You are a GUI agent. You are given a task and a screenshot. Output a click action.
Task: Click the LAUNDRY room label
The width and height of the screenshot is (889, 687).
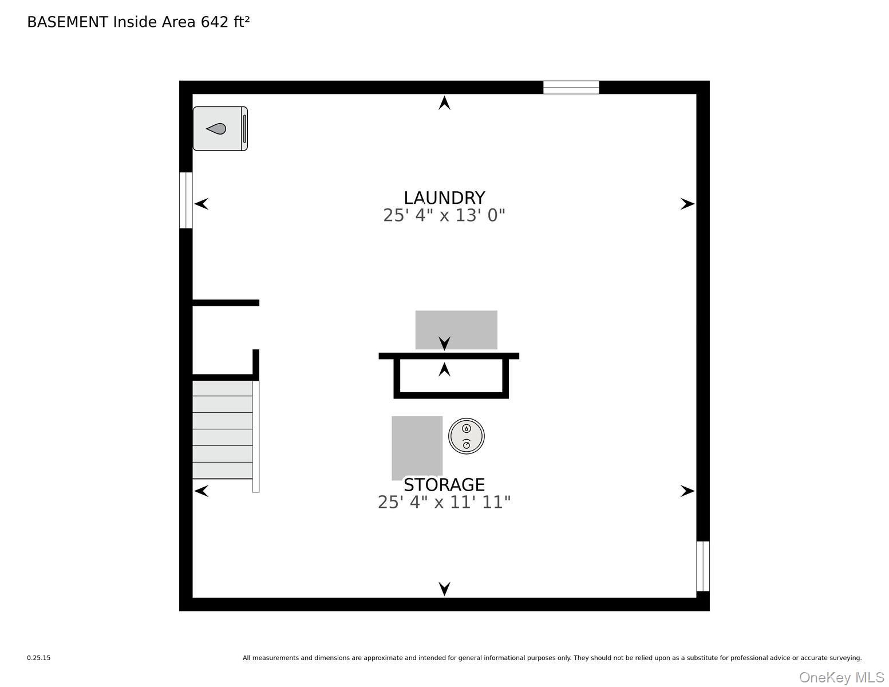[444, 198]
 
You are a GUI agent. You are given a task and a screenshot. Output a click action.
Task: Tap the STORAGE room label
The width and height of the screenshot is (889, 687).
[444, 485]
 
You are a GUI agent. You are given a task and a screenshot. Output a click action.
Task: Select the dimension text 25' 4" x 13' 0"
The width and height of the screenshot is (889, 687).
[444, 215]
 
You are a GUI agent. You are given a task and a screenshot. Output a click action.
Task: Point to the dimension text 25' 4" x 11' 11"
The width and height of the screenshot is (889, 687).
[444, 502]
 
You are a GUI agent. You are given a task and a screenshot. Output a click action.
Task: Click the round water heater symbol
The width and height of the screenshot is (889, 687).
[466, 436]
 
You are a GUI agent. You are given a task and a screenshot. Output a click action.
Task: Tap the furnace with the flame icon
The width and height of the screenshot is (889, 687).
[220, 128]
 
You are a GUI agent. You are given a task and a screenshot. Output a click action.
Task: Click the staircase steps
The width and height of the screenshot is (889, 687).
[223, 429]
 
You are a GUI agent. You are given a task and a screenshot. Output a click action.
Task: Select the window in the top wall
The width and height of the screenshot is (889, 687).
[571, 88]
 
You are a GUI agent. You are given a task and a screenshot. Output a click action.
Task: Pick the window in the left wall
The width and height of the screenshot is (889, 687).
[185, 200]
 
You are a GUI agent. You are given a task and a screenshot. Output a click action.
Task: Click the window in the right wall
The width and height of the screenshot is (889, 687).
[702, 566]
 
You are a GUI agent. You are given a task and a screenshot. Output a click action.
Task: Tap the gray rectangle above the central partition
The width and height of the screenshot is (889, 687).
[456, 330]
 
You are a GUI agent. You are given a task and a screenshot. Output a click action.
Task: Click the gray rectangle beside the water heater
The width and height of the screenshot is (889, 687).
[417, 448]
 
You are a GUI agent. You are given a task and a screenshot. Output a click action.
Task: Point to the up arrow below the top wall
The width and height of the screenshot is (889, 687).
[444, 102]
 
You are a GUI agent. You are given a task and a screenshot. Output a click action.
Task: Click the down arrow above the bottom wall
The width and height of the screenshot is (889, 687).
[444, 589]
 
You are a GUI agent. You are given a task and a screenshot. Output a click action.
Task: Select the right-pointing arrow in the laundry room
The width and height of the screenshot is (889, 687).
[688, 204]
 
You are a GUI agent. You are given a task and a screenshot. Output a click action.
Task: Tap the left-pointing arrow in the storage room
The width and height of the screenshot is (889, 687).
[201, 491]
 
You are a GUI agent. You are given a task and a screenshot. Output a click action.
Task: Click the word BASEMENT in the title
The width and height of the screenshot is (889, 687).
[68, 22]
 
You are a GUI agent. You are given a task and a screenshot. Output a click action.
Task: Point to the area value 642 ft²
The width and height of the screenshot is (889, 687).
[225, 22]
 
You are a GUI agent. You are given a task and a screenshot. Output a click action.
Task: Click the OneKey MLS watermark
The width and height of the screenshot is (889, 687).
[841, 678]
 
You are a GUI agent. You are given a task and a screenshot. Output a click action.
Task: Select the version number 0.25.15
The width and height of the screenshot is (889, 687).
[39, 658]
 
